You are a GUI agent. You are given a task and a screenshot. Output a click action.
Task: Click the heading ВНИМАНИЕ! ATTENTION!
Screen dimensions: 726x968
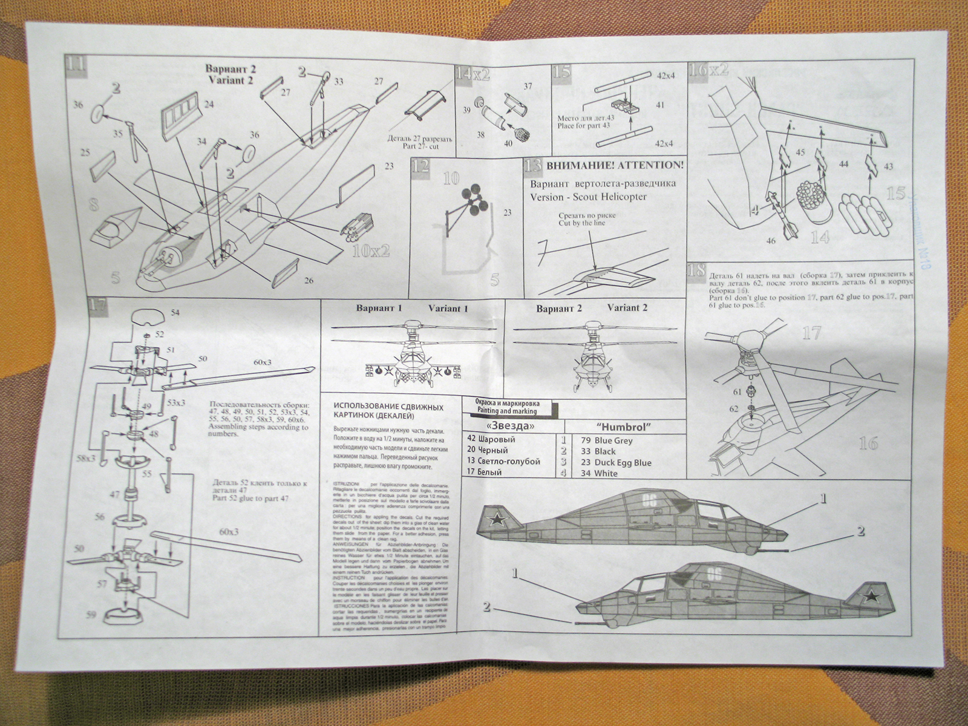[x=615, y=165]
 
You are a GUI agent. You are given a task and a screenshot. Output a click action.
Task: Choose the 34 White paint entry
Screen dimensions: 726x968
[x=599, y=474]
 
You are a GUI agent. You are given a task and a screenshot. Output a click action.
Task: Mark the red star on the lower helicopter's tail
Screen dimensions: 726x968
[x=870, y=598]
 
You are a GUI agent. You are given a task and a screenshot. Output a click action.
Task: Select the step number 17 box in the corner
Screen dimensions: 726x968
[x=97, y=306]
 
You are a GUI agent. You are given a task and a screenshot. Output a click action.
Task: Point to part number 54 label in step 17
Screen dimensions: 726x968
[x=174, y=313]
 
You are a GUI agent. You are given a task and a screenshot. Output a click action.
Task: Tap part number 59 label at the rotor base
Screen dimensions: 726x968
[x=91, y=615]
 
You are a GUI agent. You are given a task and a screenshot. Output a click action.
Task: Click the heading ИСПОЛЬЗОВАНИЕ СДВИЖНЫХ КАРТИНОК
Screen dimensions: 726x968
[x=388, y=412]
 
